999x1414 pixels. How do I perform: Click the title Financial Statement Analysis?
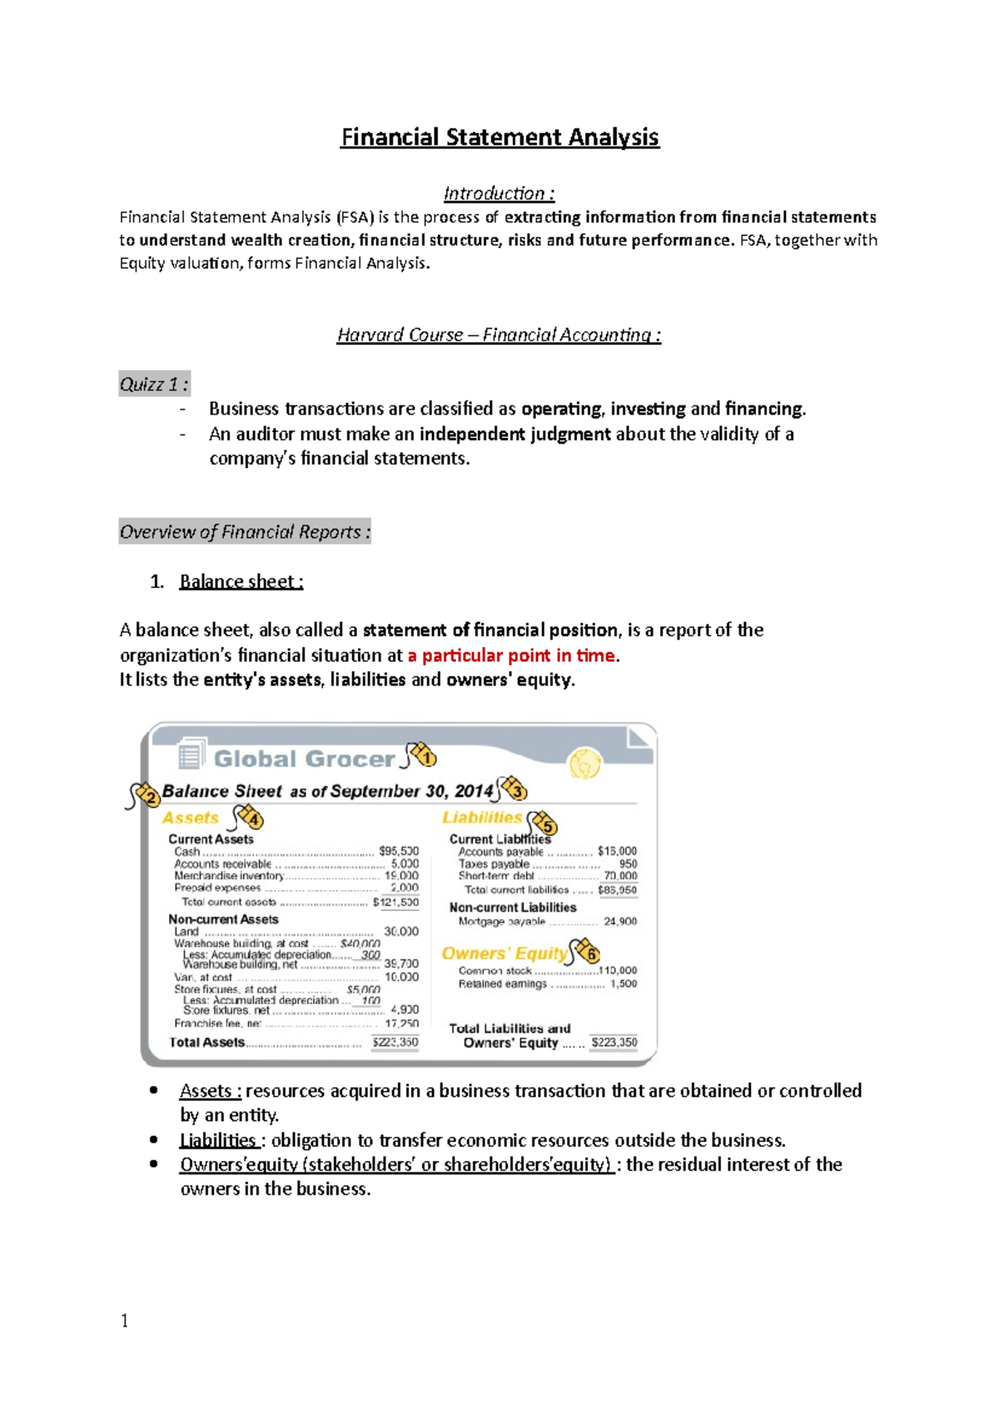[499, 137]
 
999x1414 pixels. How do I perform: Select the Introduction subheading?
[499, 193]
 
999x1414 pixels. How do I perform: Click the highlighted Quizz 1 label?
[154, 384]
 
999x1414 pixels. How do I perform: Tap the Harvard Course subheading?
[499, 335]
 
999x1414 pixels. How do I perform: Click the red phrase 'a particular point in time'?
[511, 655]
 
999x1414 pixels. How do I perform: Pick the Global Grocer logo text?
[304, 759]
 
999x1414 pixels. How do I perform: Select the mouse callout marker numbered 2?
[146, 795]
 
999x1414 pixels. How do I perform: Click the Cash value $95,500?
[398, 851]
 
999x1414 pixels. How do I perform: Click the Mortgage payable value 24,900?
[620, 922]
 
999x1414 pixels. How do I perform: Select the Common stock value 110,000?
[618, 971]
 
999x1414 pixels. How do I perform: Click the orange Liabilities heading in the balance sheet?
[482, 818]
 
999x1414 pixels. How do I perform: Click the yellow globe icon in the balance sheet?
[584, 763]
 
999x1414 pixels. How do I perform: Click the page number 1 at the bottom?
[125, 1321]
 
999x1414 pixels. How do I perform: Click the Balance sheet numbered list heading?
[241, 581]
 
